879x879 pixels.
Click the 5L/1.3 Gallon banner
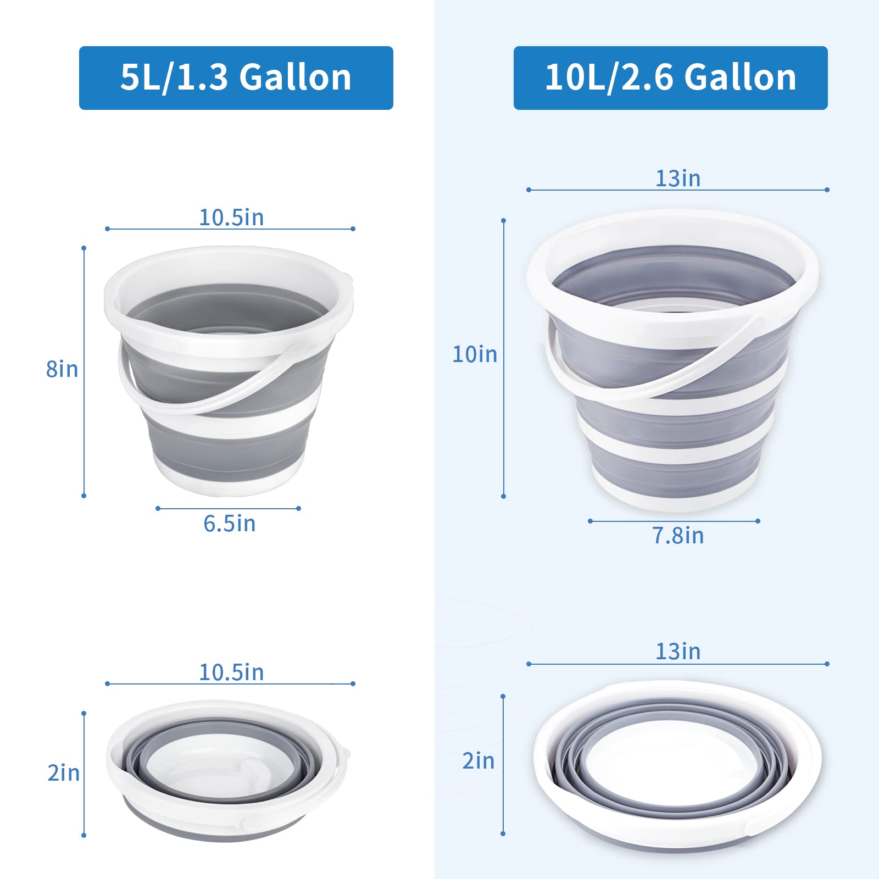[x=236, y=77]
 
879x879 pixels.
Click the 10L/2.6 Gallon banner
[x=670, y=77]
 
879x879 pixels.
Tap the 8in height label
[x=62, y=369]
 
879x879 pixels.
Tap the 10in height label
[x=475, y=354]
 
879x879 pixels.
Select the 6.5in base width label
[x=229, y=524]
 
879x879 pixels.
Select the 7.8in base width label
[x=678, y=536]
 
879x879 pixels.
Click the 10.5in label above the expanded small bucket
[x=231, y=218]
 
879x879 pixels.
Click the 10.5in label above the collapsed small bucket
[x=231, y=672]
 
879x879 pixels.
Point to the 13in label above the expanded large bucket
[x=678, y=179]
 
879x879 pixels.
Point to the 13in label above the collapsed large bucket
[x=678, y=652]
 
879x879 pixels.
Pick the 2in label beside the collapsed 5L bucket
[x=64, y=773]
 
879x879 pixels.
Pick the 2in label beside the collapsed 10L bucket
[x=479, y=761]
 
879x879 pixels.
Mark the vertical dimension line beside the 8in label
[x=84, y=429]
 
